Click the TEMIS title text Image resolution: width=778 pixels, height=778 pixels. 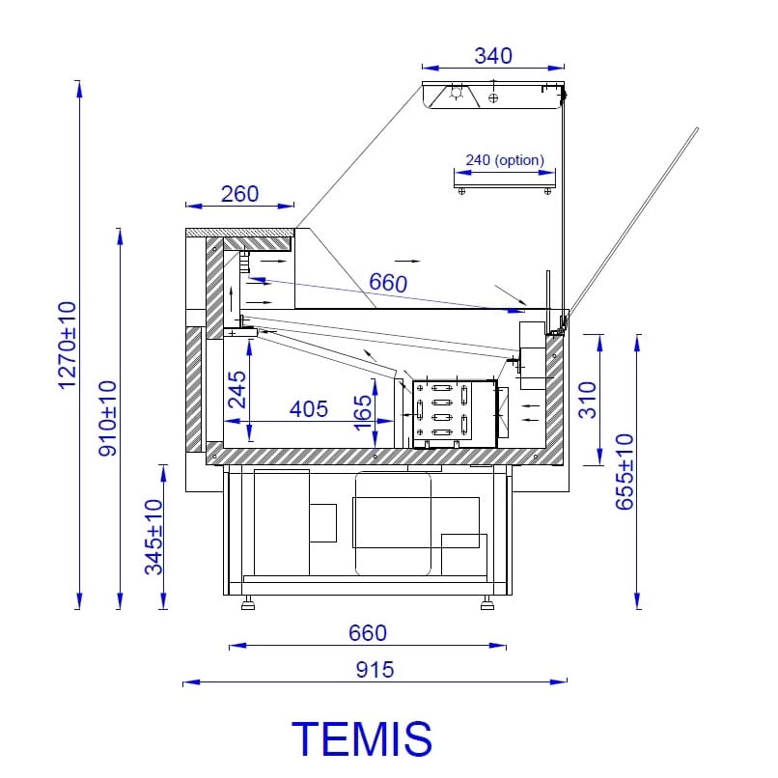(362, 738)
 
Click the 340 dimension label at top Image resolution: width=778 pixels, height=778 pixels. (493, 56)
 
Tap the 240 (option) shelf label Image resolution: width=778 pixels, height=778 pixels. (505, 160)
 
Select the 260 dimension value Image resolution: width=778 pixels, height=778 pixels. (239, 193)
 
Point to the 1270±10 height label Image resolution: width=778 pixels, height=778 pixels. (68, 346)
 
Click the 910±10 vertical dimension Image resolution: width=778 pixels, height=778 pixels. (107, 418)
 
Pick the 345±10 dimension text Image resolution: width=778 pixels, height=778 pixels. (153, 537)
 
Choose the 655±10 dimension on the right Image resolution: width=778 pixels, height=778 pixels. (625, 472)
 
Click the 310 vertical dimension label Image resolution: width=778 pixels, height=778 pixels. (588, 400)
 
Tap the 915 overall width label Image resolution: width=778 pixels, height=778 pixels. (375, 669)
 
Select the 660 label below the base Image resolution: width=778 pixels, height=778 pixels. (368, 633)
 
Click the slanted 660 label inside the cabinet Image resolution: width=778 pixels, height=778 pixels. (388, 283)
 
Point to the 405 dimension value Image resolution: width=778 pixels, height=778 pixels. (309, 409)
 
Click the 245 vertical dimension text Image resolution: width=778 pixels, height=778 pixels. (237, 390)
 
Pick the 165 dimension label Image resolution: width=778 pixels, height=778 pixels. (363, 413)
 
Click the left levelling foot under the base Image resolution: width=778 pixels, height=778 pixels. (248, 603)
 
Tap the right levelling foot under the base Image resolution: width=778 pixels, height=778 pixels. (487, 603)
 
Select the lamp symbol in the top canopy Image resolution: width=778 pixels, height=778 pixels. (456, 93)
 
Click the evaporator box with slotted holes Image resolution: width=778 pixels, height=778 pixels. (455, 414)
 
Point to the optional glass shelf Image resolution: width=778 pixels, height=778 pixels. (505, 186)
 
